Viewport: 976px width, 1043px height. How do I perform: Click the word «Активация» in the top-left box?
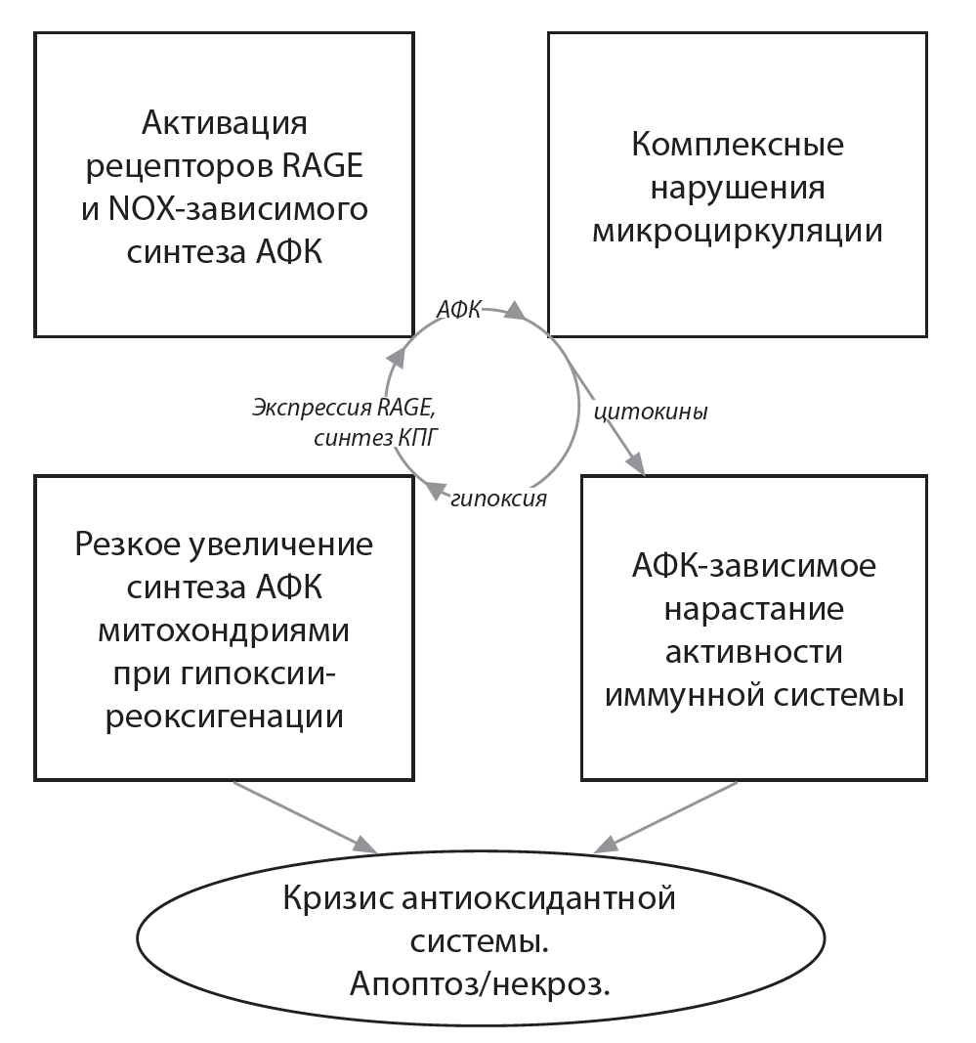point(225,124)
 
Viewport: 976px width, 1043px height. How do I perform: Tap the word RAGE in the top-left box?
point(324,166)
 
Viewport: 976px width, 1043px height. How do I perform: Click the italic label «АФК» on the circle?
point(460,309)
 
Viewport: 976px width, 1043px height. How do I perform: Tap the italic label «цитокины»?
point(651,412)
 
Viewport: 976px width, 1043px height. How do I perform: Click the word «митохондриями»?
point(224,630)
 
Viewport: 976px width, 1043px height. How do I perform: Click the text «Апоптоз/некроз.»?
point(479,982)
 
